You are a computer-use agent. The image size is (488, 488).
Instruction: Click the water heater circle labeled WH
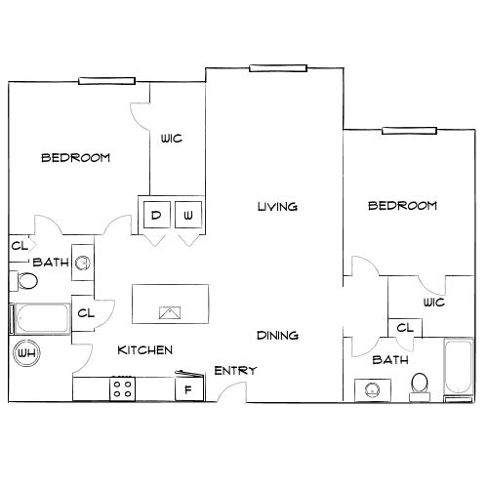(26, 353)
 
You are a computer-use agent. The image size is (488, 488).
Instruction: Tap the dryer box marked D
(157, 215)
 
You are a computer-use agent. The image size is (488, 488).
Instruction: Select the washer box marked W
(188, 215)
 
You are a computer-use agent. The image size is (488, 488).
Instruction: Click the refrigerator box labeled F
(189, 389)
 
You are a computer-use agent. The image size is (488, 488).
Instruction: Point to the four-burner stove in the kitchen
(123, 389)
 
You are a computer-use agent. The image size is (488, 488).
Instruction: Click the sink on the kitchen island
(170, 312)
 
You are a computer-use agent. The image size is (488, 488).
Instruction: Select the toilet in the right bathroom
(420, 387)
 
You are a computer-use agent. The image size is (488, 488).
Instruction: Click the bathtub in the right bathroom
(459, 370)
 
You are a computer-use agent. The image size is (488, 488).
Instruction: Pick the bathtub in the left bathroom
(40, 319)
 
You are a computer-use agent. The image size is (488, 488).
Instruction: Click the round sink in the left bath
(83, 263)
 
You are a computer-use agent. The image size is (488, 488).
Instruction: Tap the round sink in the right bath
(372, 389)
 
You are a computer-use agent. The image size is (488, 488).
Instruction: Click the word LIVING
(277, 207)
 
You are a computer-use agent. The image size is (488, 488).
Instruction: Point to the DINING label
(277, 336)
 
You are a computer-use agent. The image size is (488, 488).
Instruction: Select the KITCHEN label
(145, 350)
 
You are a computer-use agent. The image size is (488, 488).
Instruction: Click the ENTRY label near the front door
(235, 371)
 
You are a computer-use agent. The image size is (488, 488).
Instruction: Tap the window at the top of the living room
(278, 68)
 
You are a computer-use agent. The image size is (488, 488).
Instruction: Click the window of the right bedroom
(409, 131)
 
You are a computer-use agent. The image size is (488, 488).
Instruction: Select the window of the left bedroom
(106, 81)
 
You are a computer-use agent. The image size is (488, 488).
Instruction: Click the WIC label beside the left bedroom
(172, 139)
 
